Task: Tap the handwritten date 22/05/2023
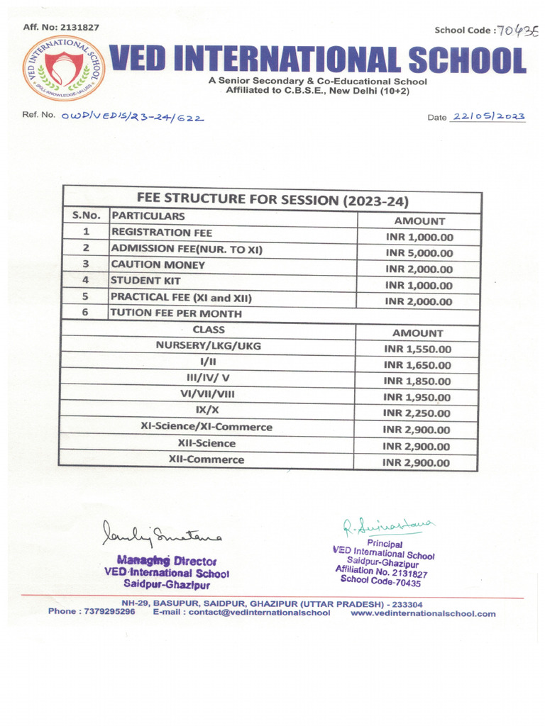[488, 116]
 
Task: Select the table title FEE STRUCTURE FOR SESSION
[272, 200]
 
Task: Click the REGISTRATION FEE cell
[162, 233]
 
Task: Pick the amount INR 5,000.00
[419, 253]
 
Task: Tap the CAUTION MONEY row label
[158, 264]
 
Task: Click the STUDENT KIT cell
[146, 281]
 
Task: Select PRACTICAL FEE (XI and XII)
[182, 297]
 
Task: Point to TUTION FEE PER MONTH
[177, 313]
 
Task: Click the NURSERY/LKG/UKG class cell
[209, 345]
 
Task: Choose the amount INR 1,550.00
[417, 349]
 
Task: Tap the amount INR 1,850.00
[417, 381]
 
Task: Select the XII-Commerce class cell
[207, 459]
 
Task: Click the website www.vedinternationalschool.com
[423, 613]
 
